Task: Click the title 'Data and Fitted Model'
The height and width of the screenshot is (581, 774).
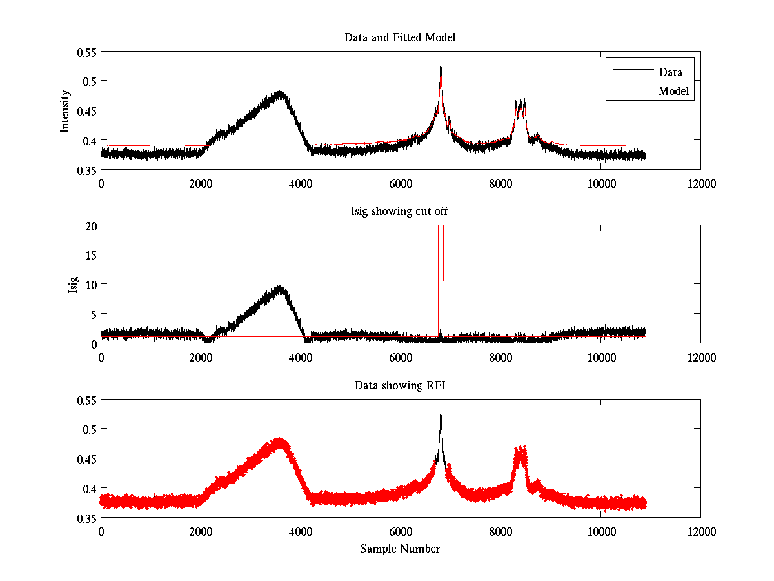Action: pos(400,37)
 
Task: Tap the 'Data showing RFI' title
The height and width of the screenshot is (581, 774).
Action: pos(400,385)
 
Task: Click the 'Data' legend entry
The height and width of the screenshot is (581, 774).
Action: pos(670,72)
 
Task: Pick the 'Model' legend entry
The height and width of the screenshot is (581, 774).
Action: pos(674,91)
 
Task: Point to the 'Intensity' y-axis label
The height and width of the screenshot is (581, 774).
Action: pos(64,110)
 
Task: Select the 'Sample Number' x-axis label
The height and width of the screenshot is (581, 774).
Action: pos(400,549)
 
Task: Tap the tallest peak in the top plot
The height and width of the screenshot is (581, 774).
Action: pos(441,63)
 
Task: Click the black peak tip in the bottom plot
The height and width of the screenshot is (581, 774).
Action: pos(441,411)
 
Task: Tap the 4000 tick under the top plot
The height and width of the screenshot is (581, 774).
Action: pos(301,183)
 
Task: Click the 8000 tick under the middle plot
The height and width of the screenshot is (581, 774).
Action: pos(501,357)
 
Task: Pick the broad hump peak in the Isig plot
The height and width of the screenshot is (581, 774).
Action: pos(279,287)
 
